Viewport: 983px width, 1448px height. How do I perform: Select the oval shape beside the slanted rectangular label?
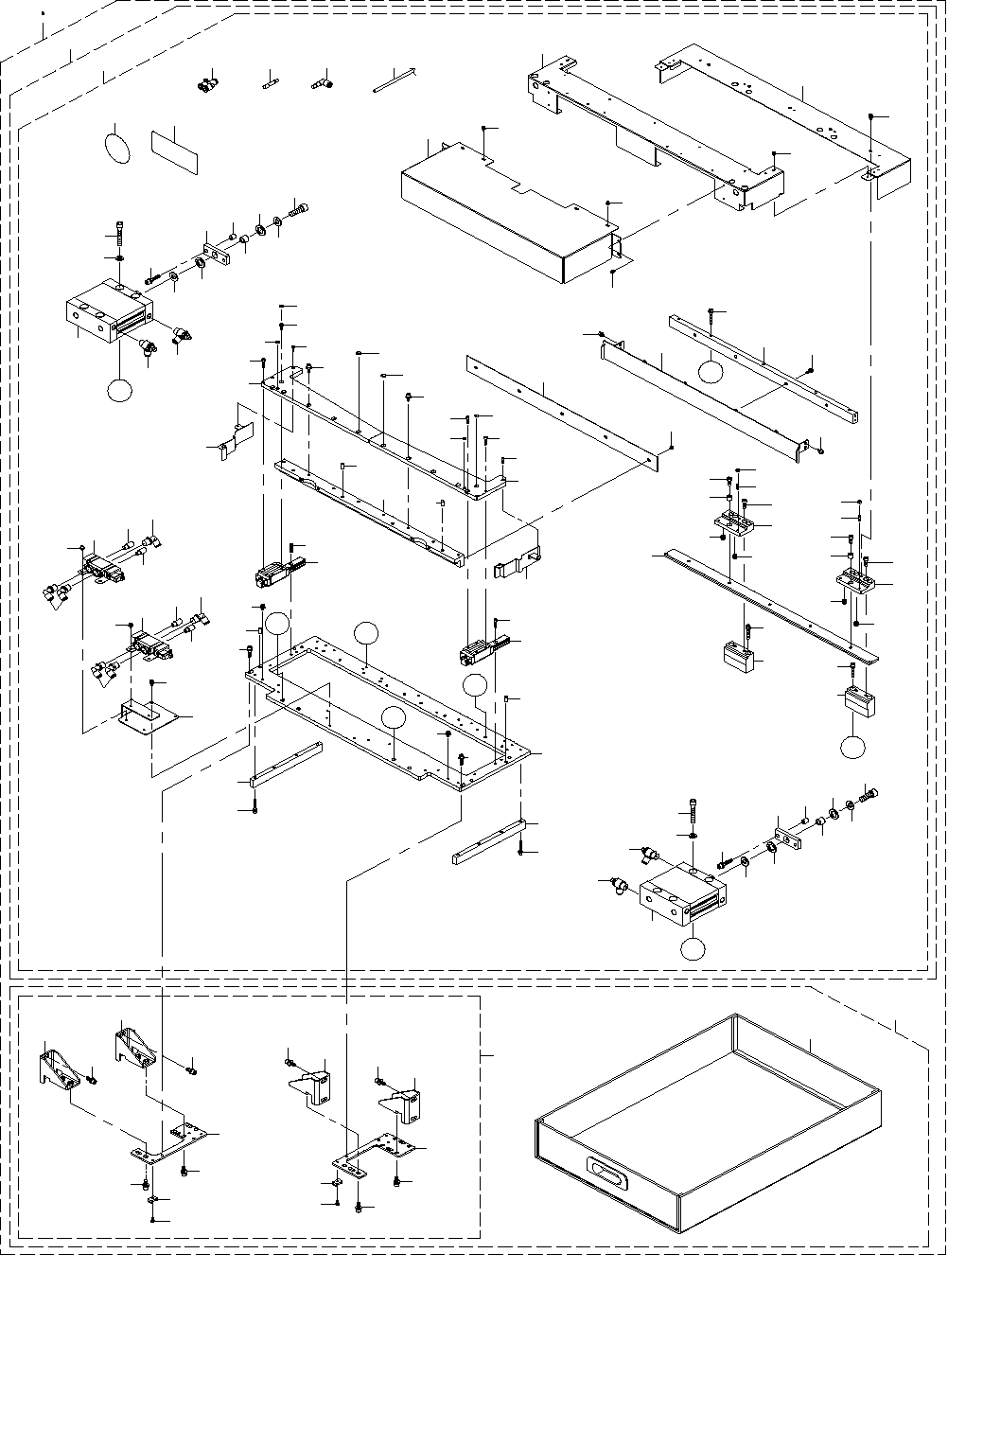point(119,146)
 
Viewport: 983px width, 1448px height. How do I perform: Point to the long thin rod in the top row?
point(397,79)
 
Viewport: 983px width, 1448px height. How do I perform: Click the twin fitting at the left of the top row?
point(205,85)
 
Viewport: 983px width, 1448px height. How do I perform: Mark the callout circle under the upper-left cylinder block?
point(118,389)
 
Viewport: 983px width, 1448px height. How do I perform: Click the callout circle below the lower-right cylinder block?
point(694,947)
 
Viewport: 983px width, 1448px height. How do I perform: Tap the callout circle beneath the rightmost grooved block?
point(852,746)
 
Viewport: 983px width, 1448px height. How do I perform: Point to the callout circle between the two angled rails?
point(711,371)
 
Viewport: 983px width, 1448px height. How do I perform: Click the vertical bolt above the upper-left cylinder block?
point(120,233)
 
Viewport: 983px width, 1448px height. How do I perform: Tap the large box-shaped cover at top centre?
point(506,213)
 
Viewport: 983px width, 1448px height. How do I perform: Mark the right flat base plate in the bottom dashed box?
point(374,1153)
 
